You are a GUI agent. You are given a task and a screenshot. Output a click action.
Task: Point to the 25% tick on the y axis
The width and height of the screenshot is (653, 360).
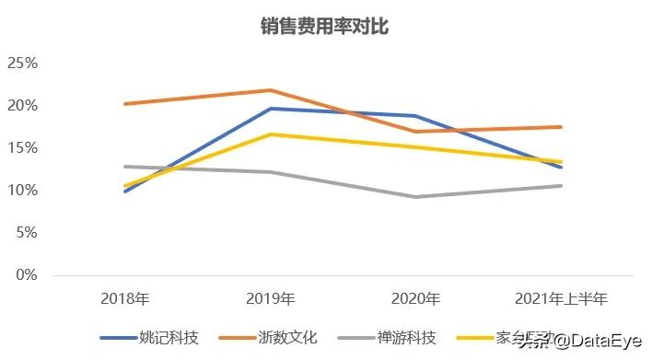coord(22,64)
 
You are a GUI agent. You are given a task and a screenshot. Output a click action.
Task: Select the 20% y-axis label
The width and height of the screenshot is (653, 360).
coord(22,106)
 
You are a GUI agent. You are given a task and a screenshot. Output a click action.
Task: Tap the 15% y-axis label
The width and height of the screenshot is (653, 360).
coord(22,148)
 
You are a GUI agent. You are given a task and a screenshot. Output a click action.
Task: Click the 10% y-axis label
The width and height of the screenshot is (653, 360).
coord(22,191)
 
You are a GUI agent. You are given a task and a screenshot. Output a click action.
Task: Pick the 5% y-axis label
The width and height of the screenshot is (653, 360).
coord(26,233)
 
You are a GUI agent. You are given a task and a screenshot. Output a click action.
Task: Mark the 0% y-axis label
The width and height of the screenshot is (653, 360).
coord(26,275)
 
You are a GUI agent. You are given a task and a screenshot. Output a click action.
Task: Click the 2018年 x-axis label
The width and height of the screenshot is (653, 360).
coord(124,299)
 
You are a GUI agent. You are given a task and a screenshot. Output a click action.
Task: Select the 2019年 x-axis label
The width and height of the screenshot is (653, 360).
coord(270,299)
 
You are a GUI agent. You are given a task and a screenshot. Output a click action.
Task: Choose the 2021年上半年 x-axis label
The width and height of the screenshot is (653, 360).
coord(561,299)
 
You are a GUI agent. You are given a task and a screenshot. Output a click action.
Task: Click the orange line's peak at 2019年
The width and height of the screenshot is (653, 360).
coord(270,90)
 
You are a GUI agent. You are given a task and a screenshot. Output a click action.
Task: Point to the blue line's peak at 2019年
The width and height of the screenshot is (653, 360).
coord(270,109)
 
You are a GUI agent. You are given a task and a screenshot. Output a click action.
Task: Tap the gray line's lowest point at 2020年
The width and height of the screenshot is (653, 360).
coord(415,197)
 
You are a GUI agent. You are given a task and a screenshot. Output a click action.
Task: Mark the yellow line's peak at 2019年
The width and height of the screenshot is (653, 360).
coord(270,134)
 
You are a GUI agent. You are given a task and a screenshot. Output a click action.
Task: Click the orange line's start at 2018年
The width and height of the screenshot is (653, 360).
coord(124,104)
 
